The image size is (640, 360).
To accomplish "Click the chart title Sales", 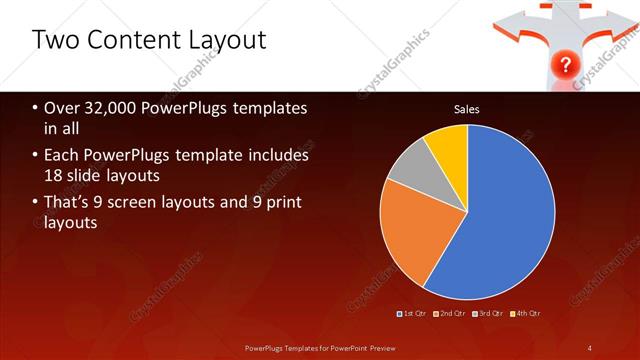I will (467, 108).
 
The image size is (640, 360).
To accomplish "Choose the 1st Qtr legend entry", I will (414, 314).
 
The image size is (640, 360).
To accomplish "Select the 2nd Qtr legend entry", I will (451, 314).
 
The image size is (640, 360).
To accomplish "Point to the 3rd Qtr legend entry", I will (488, 314).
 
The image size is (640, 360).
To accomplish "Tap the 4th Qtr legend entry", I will (525, 314).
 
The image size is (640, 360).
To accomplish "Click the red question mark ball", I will (566, 65).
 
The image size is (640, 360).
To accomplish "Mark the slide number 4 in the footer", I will (590, 347).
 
